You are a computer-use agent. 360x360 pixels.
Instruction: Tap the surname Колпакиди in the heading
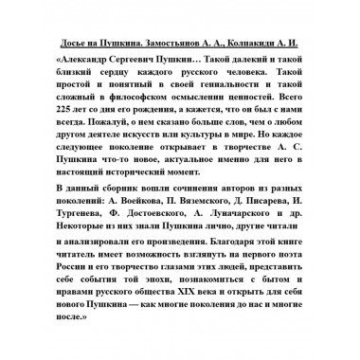click(x=269, y=45)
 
